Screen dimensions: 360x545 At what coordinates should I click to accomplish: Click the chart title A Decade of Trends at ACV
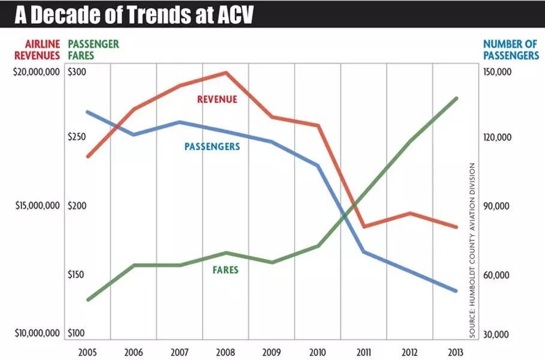point(134,14)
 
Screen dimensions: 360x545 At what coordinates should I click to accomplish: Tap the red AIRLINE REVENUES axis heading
point(42,49)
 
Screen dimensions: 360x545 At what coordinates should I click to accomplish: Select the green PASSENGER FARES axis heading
point(94,49)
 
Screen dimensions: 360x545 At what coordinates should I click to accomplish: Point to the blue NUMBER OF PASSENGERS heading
point(511,49)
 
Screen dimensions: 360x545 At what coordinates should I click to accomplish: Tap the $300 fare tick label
point(77,72)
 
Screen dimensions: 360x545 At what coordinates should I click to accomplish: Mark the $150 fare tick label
point(77,275)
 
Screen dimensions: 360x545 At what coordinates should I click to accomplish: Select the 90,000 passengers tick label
point(497,206)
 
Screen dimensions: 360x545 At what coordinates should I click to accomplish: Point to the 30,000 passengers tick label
point(497,334)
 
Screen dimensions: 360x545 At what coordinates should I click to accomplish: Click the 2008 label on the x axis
point(225,351)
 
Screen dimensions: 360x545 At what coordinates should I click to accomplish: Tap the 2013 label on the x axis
point(456,351)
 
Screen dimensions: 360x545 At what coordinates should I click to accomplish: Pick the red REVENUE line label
point(217,100)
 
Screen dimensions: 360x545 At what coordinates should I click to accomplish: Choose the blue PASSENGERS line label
point(212,146)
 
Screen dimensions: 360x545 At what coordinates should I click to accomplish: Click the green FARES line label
point(225,270)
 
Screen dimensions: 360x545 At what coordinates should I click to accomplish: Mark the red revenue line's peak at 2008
point(226,73)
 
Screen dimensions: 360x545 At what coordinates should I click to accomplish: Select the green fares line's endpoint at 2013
point(456,98)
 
